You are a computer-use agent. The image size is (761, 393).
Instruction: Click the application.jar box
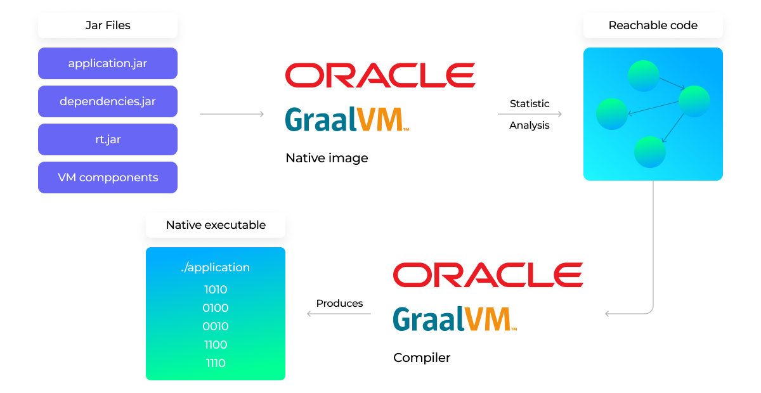(108, 63)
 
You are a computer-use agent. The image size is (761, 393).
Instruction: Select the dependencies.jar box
(108, 101)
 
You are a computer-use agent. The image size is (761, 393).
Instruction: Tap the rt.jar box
(108, 139)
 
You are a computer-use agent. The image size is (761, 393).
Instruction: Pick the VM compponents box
(108, 177)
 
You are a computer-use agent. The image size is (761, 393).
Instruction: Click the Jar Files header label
(108, 25)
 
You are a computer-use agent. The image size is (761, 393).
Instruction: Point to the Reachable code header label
(653, 25)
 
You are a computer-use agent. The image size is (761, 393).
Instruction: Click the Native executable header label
(216, 225)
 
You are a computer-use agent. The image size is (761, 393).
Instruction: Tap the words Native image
(327, 158)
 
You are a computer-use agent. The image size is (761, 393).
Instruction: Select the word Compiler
(422, 358)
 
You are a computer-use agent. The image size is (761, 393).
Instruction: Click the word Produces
(339, 303)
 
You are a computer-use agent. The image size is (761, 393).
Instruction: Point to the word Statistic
(530, 103)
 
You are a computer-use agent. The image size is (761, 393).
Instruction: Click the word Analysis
(530, 125)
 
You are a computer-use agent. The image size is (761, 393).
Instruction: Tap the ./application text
(216, 267)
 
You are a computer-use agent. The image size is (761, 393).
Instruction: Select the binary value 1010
(216, 290)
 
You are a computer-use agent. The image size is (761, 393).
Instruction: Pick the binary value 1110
(216, 363)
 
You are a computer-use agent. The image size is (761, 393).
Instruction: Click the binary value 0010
(216, 326)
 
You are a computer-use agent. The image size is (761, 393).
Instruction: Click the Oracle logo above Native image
(380, 75)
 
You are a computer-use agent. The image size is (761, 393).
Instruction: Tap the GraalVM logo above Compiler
(455, 319)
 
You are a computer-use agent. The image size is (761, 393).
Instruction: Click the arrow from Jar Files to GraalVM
(231, 114)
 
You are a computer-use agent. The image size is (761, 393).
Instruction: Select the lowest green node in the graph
(650, 152)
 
